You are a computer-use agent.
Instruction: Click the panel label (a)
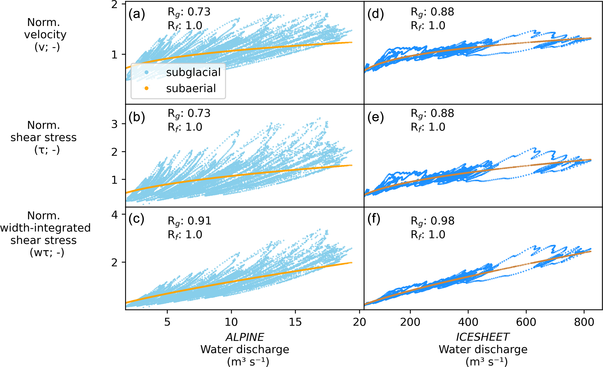(x=137, y=14)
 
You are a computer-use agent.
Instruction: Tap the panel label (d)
(x=375, y=14)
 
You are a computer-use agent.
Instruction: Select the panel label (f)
(x=374, y=219)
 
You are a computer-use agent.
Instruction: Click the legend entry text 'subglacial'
(x=193, y=72)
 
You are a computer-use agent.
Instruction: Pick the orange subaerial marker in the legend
(x=146, y=88)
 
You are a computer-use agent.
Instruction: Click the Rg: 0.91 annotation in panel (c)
(x=189, y=221)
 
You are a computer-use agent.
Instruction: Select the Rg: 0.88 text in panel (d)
(x=432, y=12)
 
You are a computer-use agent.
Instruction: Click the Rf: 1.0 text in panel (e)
(x=428, y=127)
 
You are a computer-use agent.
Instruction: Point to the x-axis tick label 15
(x=295, y=322)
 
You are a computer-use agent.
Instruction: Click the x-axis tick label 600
(x=526, y=322)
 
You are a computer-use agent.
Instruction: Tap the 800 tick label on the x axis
(x=584, y=322)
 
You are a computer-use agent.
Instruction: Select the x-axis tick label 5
(x=167, y=322)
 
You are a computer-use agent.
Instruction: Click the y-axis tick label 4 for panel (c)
(x=115, y=215)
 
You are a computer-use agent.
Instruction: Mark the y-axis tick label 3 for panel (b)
(x=115, y=124)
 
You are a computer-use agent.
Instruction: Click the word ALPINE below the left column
(x=245, y=337)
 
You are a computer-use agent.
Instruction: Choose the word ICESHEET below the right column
(x=483, y=337)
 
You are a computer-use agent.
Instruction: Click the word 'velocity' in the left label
(x=45, y=35)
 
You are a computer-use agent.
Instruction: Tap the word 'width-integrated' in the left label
(x=45, y=228)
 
